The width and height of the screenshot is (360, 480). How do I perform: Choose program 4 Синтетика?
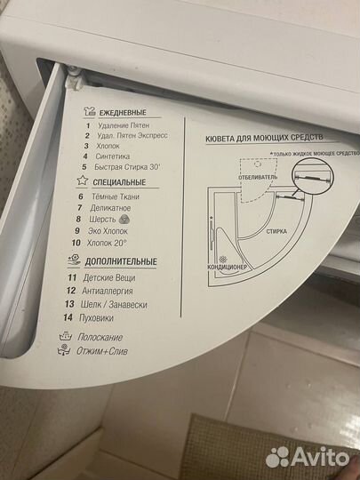point(116,156)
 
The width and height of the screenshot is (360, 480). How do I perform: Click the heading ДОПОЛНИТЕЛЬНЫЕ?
point(121,262)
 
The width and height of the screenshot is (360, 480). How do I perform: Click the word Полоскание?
point(100,338)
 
